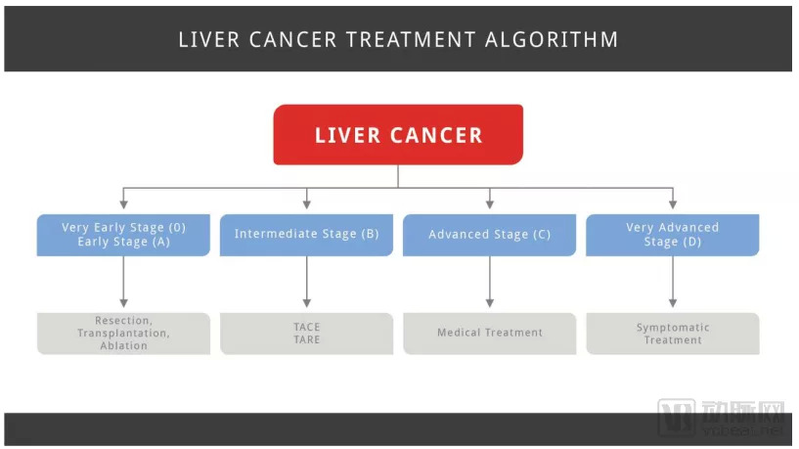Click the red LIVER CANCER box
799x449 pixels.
[x=398, y=135]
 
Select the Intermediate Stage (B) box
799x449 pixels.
[x=306, y=235]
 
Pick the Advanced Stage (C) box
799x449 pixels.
[x=489, y=235]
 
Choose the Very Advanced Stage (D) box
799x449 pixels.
[x=672, y=235]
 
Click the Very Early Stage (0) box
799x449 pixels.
[x=123, y=235]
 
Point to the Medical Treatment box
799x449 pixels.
[x=489, y=333]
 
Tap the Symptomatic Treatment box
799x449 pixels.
[x=672, y=334]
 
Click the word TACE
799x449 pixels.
[x=306, y=327]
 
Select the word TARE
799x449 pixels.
[x=306, y=339]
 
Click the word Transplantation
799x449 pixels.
[x=123, y=333]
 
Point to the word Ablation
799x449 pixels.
[x=123, y=345]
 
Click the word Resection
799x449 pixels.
[x=123, y=320]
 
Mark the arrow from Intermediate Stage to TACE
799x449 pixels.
[x=306, y=283]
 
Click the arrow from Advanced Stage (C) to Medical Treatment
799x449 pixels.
[x=489, y=283]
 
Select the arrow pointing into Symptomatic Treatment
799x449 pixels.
[x=672, y=283]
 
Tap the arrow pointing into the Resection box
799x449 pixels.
[x=123, y=283]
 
